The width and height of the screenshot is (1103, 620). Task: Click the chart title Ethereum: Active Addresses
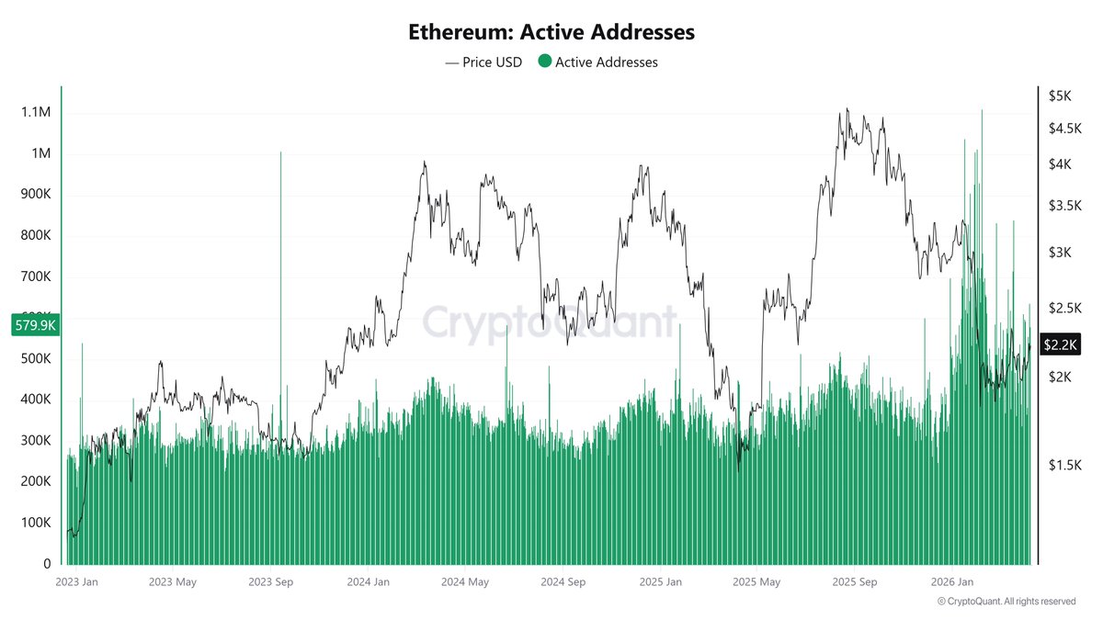tap(551, 32)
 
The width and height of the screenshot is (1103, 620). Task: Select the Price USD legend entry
tap(483, 62)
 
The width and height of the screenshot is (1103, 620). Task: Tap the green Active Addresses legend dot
tap(544, 62)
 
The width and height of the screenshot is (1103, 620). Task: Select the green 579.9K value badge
tap(34, 324)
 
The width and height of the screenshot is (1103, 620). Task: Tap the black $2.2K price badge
tap(1060, 344)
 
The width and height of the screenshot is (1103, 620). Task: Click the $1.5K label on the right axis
tap(1063, 466)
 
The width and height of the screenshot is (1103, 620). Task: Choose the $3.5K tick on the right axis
tap(1063, 206)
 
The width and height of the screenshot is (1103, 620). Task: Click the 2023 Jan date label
tap(76, 581)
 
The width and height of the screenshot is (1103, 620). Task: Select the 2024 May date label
tap(465, 581)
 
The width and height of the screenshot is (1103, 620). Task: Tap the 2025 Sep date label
tap(855, 581)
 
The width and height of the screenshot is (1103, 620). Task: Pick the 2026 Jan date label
tap(953, 581)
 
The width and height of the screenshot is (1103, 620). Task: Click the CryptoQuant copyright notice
tap(1006, 602)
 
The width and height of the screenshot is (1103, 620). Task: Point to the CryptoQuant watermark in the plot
tap(550, 322)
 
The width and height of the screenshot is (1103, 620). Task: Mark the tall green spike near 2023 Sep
tap(280, 276)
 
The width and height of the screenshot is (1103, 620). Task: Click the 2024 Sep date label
tap(563, 581)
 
